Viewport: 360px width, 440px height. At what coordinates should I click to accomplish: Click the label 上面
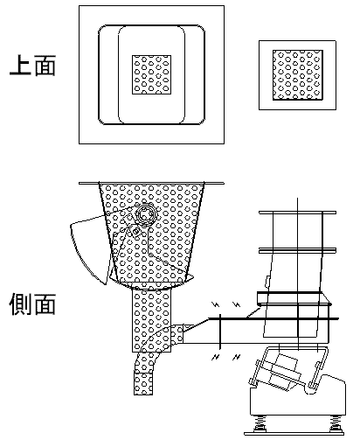pos(32,66)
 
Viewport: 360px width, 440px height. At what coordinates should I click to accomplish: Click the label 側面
pos(32,304)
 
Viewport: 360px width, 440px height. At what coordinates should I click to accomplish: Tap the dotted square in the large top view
pos(151,74)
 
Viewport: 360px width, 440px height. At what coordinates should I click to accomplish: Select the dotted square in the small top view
pos(298,75)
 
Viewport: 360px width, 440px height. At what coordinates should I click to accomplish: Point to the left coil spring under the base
pos(260,423)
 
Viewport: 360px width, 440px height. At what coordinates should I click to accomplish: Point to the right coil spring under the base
pos(336,423)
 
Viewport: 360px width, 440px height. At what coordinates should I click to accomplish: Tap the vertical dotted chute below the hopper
pos(151,320)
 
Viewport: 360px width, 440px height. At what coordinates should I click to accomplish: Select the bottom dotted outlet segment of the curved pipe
pos(143,383)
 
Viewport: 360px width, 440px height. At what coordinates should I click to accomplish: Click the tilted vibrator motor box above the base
pos(282,373)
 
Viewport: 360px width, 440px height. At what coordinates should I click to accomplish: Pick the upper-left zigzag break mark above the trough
pos(216,305)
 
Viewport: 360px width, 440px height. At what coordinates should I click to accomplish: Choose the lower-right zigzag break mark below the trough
pos(237,357)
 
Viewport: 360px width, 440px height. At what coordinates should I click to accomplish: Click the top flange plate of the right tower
pos(297,213)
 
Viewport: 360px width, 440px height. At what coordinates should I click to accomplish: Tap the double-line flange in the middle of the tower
pos(297,250)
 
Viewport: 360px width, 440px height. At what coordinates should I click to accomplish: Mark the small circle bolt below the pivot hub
pos(135,232)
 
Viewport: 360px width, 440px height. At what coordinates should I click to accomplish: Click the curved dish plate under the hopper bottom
pos(151,283)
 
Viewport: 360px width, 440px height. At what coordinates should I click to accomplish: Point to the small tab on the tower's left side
pos(267,282)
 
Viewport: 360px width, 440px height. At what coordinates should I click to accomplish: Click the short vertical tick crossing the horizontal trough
pos(220,332)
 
